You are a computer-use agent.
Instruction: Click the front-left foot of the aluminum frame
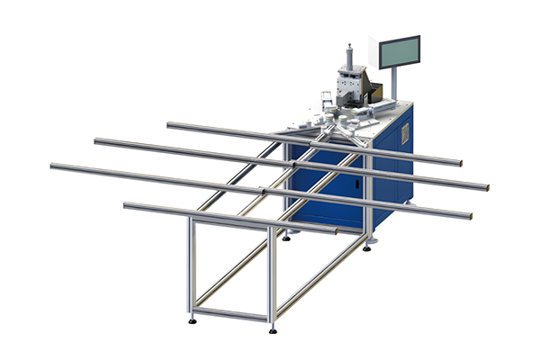(x=193, y=319)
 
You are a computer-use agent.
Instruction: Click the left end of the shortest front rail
(x=126, y=206)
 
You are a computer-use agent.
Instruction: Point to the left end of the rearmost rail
(x=169, y=125)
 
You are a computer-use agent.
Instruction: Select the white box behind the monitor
(x=375, y=91)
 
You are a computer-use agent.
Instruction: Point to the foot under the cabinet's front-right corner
(x=366, y=246)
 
